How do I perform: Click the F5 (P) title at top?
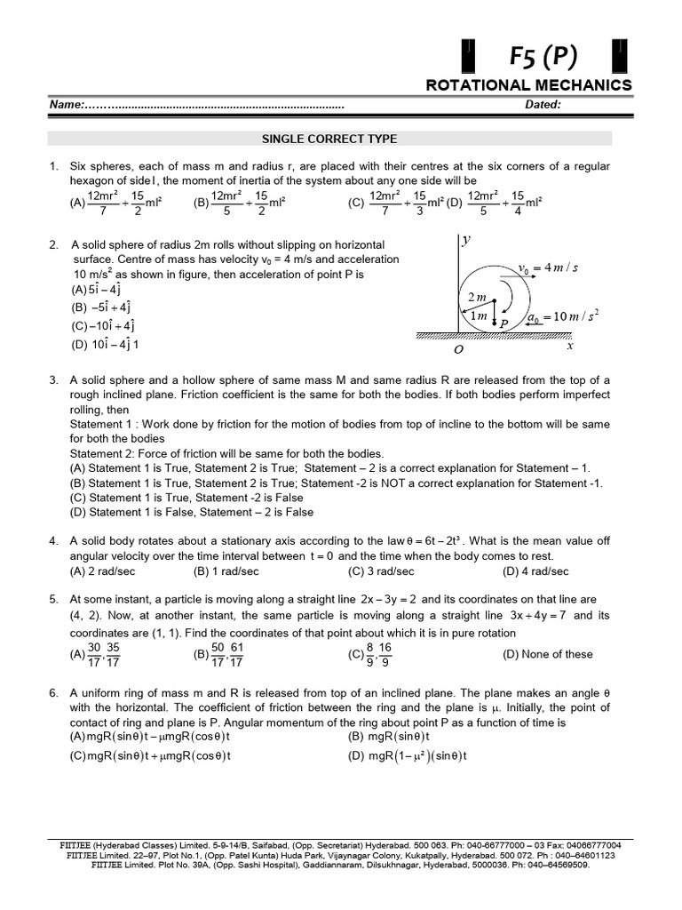click(543, 58)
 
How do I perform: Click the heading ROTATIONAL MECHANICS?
click(529, 85)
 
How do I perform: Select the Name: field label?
click(67, 105)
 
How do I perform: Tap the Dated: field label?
click(543, 105)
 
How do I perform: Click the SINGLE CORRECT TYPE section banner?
click(329, 139)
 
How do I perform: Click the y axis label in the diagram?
click(465, 239)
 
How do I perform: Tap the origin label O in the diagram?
click(459, 350)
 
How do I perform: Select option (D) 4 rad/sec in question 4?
click(535, 571)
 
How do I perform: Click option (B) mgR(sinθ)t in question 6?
click(389, 737)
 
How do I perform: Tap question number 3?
click(53, 380)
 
